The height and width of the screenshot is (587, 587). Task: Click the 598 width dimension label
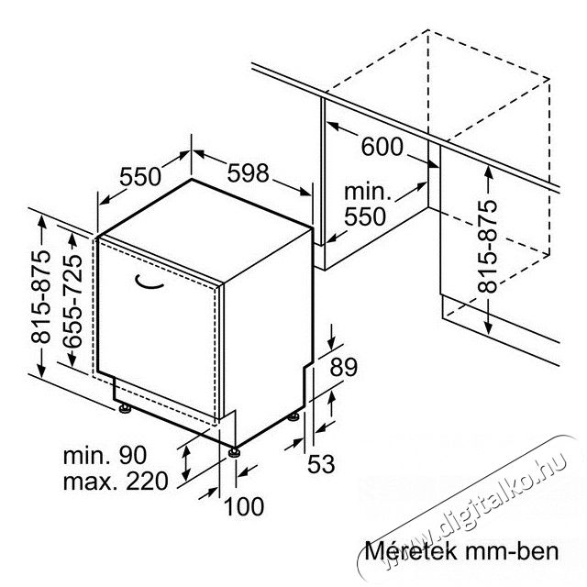(x=249, y=173)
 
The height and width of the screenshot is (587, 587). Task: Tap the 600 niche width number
(x=382, y=147)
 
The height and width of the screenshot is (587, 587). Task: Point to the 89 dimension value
(x=344, y=367)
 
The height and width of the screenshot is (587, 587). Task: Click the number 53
(x=321, y=464)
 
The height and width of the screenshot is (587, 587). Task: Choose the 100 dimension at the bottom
(x=244, y=506)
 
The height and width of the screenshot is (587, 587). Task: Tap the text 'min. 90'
(x=105, y=456)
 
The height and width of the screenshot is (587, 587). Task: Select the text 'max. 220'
(x=116, y=481)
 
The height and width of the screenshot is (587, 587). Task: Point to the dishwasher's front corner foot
(x=235, y=452)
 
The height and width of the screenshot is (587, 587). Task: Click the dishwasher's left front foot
(x=125, y=408)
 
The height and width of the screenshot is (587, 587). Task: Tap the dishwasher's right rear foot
(x=293, y=416)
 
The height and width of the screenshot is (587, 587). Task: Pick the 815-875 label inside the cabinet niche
(x=487, y=246)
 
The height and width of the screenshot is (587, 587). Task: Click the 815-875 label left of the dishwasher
(x=40, y=296)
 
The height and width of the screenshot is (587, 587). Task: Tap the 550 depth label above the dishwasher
(x=140, y=177)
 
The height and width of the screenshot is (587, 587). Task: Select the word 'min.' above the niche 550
(x=368, y=192)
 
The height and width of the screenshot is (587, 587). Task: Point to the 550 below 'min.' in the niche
(x=365, y=216)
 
